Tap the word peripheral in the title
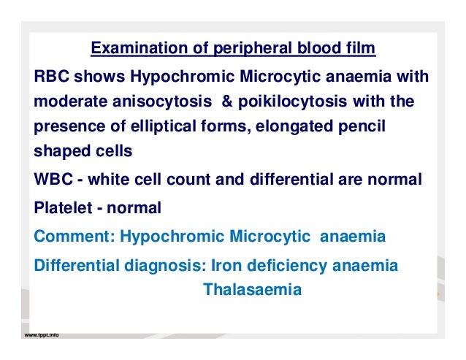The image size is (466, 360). click(244, 50)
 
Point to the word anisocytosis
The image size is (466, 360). click(145, 102)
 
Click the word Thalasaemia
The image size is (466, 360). click(252, 289)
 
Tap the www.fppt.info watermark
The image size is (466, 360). click(42, 335)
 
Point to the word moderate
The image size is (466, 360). click(66, 102)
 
